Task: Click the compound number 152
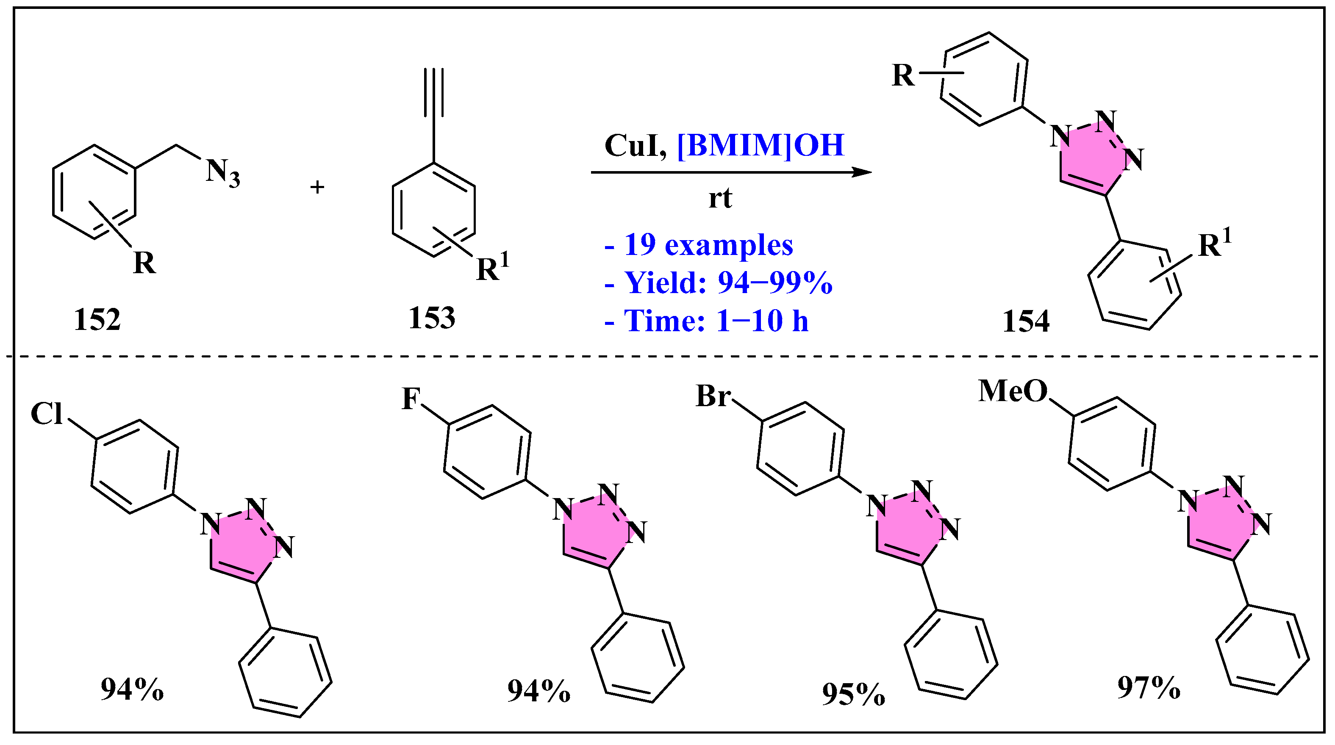point(97,320)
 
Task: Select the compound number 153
point(432,318)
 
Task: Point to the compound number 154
point(1026,321)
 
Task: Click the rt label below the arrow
point(720,198)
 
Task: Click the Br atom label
point(713,396)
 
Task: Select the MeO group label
point(1013,391)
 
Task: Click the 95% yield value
point(853,694)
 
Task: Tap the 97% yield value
point(1149,688)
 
